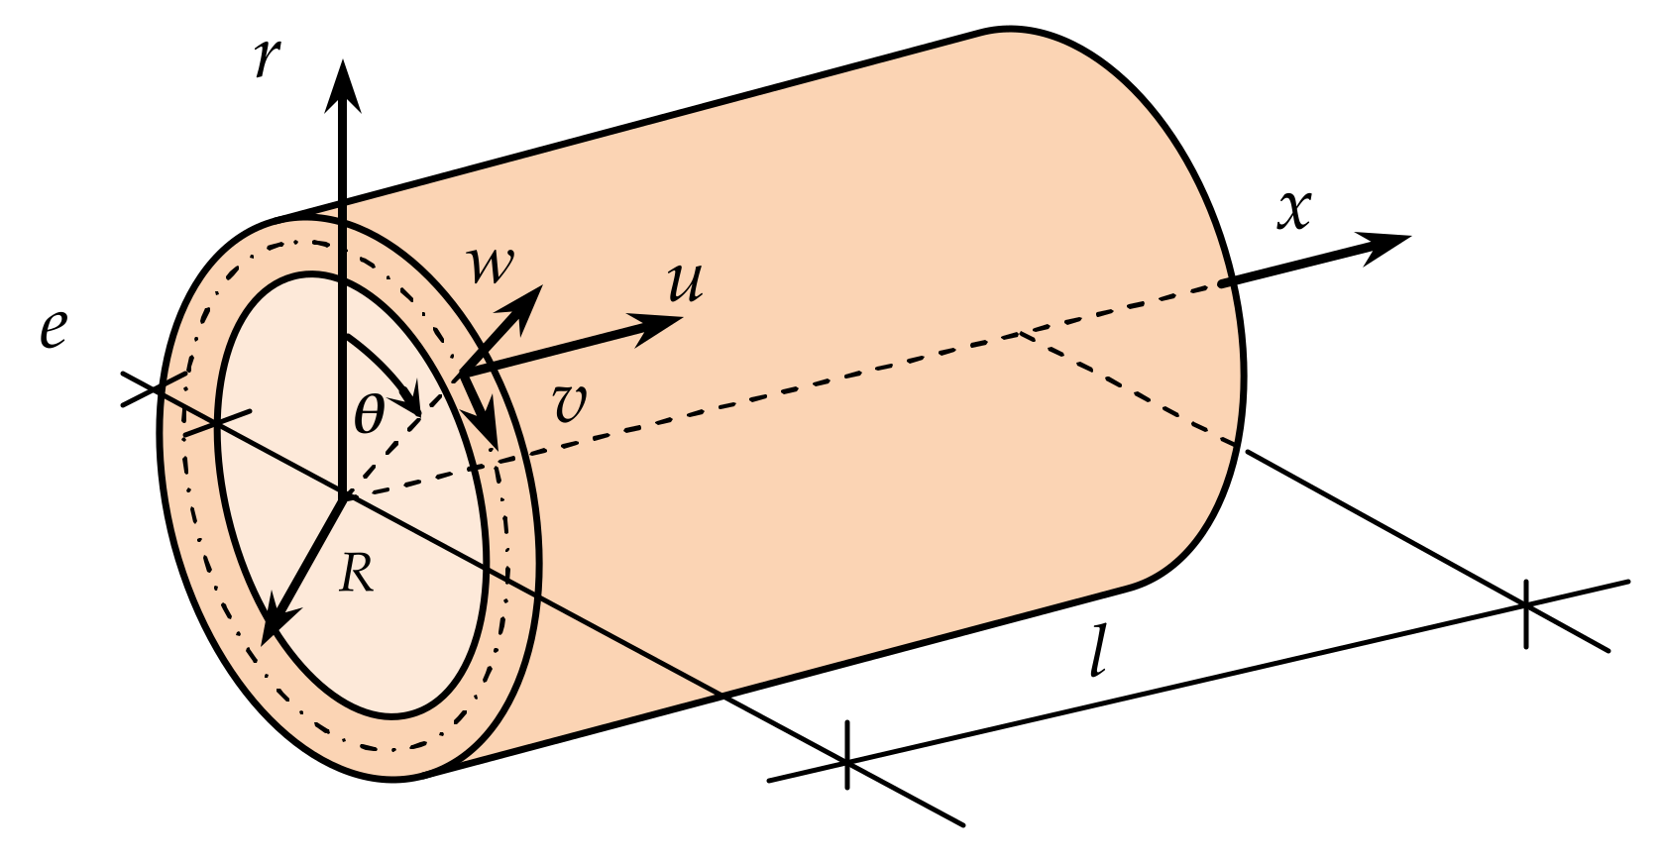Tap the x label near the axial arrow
click(1294, 210)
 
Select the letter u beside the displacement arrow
click(685, 282)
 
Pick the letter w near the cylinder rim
click(491, 265)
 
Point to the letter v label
click(570, 404)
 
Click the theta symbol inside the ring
click(369, 413)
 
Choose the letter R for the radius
click(356, 573)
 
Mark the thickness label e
click(54, 328)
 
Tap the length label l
click(1097, 655)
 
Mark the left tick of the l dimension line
click(847, 759)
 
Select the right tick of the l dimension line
click(1526, 603)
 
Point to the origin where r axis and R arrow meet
click(343, 494)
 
